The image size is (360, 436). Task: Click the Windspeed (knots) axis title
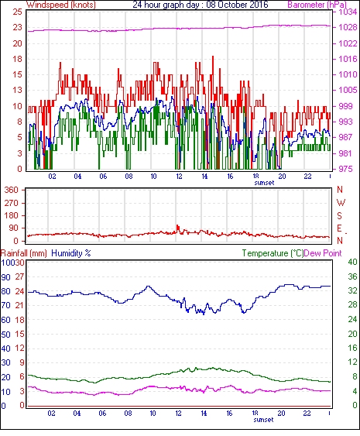61,5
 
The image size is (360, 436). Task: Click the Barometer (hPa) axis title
317,5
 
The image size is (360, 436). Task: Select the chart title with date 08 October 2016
201,5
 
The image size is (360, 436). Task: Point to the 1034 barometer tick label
347,12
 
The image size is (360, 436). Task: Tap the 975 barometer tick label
345,169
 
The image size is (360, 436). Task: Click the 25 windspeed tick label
17,12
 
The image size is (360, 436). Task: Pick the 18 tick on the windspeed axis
17,59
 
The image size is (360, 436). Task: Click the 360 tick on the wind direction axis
11,191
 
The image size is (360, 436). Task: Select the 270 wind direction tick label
11,203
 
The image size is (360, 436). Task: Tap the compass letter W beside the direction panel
341,203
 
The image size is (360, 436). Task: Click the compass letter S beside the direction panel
340,215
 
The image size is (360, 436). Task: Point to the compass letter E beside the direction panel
339,228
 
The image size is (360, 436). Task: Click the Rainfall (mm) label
24,253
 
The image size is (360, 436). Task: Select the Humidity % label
71,253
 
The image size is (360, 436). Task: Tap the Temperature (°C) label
273,253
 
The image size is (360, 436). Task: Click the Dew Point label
323,253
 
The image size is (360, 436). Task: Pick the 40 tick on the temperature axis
352,262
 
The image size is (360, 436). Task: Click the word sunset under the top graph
264,183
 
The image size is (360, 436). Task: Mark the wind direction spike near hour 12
177,228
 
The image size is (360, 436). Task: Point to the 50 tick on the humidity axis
6,335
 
